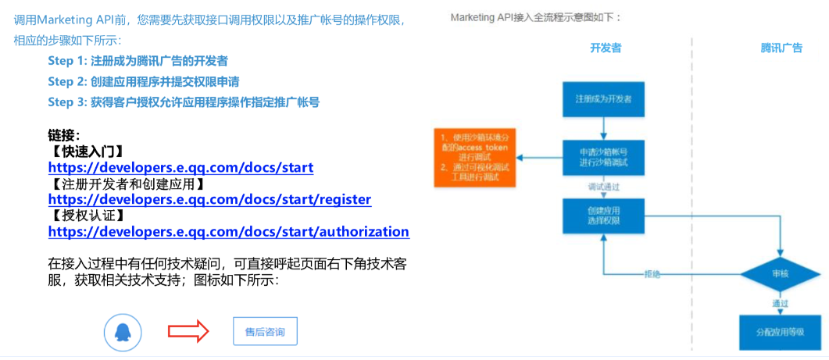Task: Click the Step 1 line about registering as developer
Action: tap(138, 61)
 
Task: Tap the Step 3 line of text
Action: tap(183, 102)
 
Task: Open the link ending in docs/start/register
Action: tap(209, 199)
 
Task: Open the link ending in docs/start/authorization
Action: tap(228, 232)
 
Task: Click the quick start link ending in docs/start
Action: tap(180, 167)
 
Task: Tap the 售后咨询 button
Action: tap(265, 332)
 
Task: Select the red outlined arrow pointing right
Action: tap(188, 332)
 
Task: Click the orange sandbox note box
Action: tap(475, 159)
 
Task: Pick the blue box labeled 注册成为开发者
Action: tap(604, 100)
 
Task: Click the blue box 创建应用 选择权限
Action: tap(604, 216)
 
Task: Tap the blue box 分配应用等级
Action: tap(780, 332)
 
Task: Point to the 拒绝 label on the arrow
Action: tap(653, 275)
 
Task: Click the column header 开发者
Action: tap(606, 48)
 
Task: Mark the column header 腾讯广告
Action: tap(781, 48)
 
